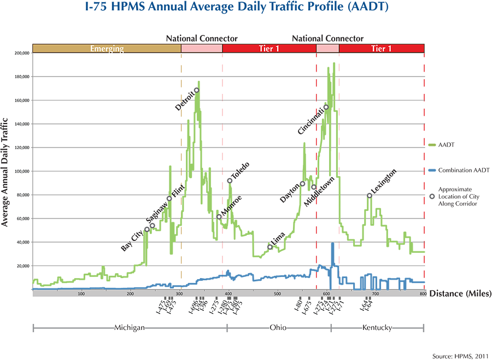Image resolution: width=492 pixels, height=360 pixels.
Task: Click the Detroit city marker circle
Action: [x=197, y=90]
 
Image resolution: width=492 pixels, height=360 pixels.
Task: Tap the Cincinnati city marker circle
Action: [x=326, y=107]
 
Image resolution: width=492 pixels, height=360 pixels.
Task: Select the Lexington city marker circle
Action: [x=370, y=196]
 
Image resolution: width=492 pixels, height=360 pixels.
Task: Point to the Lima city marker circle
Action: [x=270, y=247]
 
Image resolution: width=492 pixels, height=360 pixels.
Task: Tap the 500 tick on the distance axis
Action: [x=277, y=294]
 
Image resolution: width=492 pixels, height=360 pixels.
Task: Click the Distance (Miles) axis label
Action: [x=460, y=293]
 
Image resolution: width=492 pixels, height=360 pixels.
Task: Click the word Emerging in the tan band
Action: [x=107, y=49]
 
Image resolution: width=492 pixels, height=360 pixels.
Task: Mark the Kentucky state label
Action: [x=377, y=328]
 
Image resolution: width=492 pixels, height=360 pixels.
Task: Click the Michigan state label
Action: [x=129, y=328]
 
